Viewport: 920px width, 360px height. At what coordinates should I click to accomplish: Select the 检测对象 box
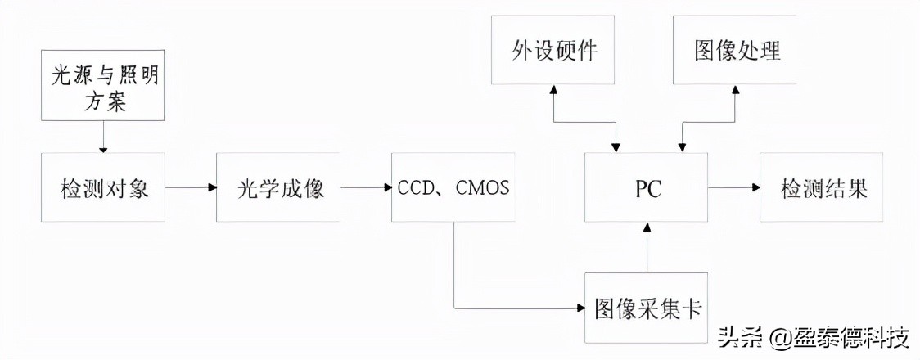102,187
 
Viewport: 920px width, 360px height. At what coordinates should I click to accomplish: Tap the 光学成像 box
278,187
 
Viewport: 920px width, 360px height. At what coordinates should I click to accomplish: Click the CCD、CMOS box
453,187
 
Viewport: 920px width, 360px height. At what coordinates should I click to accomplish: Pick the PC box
647,187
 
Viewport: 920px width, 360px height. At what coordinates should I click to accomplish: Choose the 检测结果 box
822,187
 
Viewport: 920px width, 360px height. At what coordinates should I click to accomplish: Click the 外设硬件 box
553,50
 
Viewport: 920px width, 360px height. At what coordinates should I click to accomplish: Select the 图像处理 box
735,50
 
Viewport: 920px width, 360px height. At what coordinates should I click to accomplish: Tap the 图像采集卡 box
647,308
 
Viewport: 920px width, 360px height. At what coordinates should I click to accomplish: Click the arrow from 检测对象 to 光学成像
191,187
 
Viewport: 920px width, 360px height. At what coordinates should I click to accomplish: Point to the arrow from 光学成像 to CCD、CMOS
366,187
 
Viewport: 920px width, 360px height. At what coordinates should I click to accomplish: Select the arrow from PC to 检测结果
734,187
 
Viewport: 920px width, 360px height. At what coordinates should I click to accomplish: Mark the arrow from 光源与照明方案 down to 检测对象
102,136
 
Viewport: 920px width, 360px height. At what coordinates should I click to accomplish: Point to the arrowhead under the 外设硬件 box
553,90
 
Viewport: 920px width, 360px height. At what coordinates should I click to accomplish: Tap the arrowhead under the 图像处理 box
735,90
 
